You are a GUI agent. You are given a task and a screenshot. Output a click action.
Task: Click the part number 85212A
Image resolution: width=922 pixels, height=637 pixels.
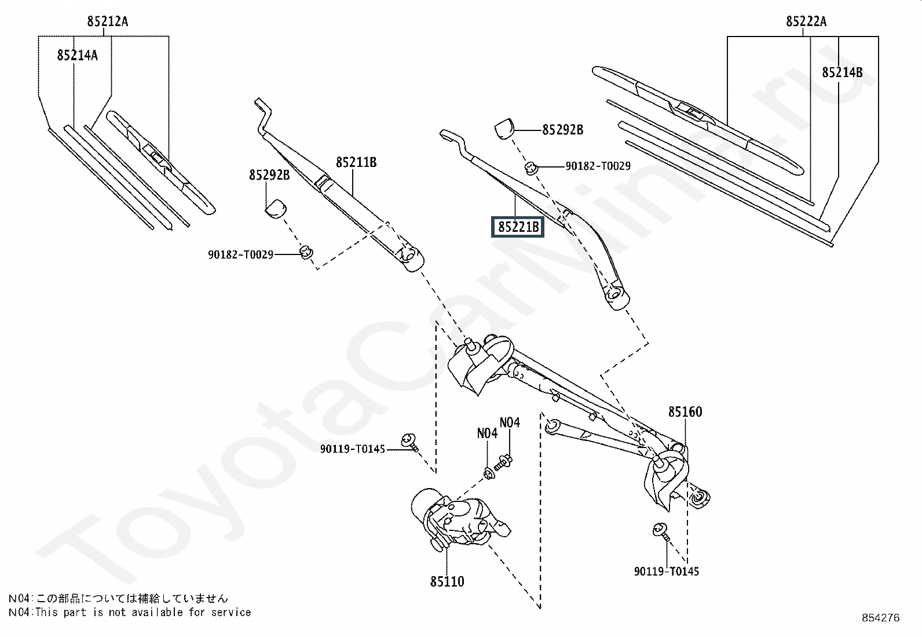tap(108, 22)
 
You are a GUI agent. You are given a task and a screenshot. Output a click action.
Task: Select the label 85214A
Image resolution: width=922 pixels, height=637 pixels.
tap(77, 56)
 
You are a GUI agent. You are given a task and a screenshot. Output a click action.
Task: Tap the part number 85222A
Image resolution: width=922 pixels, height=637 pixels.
tap(806, 22)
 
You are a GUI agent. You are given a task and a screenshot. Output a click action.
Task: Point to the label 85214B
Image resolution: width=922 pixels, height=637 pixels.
tap(842, 72)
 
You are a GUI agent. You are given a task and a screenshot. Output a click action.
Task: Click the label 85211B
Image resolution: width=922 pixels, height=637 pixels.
tap(356, 163)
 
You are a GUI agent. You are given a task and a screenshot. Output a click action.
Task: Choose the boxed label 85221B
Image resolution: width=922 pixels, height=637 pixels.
tap(518, 227)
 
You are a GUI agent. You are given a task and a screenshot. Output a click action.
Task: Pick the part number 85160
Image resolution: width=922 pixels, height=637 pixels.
tap(685, 412)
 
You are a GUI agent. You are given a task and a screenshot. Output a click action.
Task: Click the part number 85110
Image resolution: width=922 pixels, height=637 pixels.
tap(447, 581)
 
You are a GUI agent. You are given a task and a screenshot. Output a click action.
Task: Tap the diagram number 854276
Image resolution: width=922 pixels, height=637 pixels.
tap(881, 618)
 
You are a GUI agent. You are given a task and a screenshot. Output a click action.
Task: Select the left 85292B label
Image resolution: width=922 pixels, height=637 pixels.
tap(269, 174)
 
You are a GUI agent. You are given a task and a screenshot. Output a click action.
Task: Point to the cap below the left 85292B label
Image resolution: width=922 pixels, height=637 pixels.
tap(276, 208)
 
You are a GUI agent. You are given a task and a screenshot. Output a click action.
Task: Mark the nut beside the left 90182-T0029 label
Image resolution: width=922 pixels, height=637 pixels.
tap(306, 252)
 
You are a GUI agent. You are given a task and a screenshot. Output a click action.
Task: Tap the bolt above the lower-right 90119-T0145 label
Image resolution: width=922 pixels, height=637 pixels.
tap(660, 530)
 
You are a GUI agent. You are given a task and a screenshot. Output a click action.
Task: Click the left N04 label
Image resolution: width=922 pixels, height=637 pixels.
tap(487, 434)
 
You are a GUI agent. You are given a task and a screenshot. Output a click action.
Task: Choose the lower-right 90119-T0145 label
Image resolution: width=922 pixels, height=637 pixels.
tap(667, 572)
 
